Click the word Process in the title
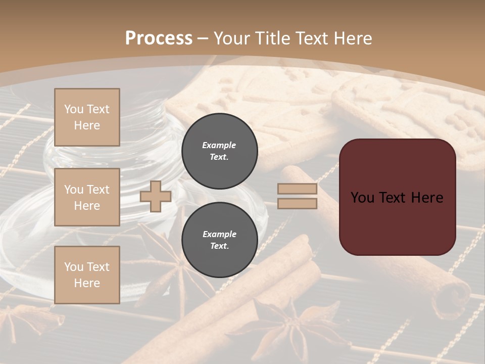point(159,38)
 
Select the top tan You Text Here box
point(87,117)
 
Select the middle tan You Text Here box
point(87,197)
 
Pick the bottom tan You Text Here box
point(87,275)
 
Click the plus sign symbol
point(156,196)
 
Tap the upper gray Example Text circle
point(220,151)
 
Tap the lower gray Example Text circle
point(220,240)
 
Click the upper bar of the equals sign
point(298,189)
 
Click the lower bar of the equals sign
point(298,203)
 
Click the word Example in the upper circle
point(219,145)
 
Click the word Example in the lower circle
point(219,234)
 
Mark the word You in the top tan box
point(73,109)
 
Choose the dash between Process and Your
point(203,38)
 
